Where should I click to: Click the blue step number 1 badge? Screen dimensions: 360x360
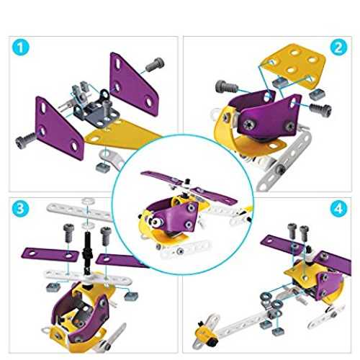pyautogui.click(x=21, y=48)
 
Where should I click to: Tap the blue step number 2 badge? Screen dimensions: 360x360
pyautogui.click(x=338, y=48)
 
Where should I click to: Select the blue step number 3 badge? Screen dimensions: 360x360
pyautogui.click(x=20, y=208)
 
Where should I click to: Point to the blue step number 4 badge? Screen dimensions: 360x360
pyautogui.click(x=338, y=208)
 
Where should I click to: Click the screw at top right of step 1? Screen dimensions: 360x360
pyautogui.click(x=155, y=64)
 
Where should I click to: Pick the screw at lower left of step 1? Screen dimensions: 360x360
pyautogui.click(x=25, y=140)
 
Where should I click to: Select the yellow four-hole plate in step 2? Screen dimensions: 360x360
pyautogui.click(x=293, y=66)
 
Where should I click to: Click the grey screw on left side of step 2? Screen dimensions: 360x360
pyautogui.click(x=227, y=87)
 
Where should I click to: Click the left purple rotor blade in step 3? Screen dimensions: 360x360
pyautogui.click(x=50, y=253)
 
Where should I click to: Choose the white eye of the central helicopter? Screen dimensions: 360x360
pyautogui.click(x=156, y=222)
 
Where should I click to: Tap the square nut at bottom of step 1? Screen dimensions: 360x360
pyautogui.click(x=103, y=167)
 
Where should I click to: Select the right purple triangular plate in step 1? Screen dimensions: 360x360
pyautogui.click(x=135, y=84)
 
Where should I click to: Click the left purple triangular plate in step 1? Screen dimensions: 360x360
pyautogui.click(x=60, y=128)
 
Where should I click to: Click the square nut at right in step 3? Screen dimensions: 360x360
pyautogui.click(x=131, y=296)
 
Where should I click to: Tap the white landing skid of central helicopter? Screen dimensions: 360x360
pyautogui.click(x=185, y=251)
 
